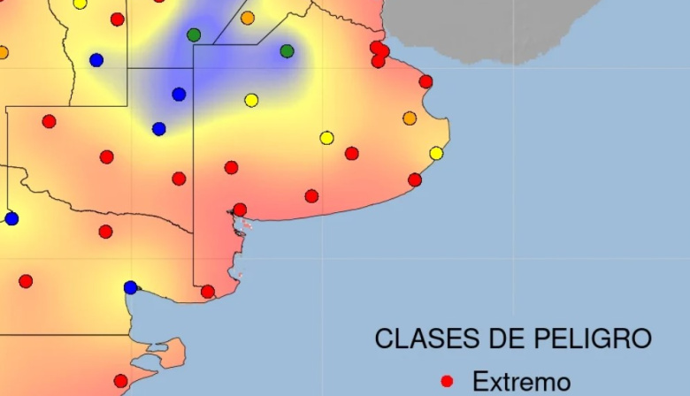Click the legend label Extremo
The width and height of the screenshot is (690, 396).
521,382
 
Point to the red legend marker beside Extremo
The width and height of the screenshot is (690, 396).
447,381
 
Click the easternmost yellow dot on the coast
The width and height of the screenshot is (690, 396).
436,153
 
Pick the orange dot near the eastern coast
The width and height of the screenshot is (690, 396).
410,118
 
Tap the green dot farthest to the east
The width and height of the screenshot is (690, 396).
287,51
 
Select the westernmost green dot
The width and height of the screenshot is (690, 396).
194,34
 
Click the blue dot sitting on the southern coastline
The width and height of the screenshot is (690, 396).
131,287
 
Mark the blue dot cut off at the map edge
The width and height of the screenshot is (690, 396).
11,218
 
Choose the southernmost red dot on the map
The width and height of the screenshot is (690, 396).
120,381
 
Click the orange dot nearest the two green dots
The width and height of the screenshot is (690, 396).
248,18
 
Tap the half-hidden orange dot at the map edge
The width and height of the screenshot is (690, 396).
3,52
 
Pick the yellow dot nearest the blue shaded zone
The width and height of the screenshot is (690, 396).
251,100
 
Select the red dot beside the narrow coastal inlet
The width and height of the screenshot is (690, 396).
240,209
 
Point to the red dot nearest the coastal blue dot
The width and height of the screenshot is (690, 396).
208,292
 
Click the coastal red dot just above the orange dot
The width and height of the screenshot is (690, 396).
425,81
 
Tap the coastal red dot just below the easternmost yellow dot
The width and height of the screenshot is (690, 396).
415,179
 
